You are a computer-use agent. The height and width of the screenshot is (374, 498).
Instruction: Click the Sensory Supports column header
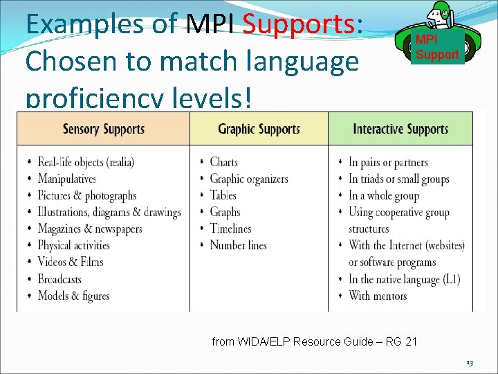pyautogui.click(x=104, y=129)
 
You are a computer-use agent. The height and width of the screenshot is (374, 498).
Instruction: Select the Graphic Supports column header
pyautogui.click(x=259, y=129)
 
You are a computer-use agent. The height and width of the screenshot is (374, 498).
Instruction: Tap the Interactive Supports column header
pyautogui.click(x=400, y=129)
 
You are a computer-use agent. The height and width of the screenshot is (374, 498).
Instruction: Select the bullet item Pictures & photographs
pyautogui.click(x=87, y=195)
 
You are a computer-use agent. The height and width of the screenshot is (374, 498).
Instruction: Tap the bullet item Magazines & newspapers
pyautogui.click(x=90, y=229)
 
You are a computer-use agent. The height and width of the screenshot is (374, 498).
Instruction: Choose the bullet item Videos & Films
pyautogui.click(x=71, y=262)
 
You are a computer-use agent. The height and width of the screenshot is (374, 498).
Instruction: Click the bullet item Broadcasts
pyautogui.click(x=59, y=279)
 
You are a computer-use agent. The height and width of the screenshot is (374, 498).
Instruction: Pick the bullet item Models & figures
pyautogui.click(x=73, y=296)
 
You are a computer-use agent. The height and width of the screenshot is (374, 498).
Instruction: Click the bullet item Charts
pyautogui.click(x=223, y=162)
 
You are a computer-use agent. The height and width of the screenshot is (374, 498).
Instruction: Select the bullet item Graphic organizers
pyautogui.click(x=249, y=179)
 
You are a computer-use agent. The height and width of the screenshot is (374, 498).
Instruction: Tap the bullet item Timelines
pyautogui.click(x=230, y=229)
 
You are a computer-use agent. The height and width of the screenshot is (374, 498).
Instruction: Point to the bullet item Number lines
pyautogui.click(x=238, y=245)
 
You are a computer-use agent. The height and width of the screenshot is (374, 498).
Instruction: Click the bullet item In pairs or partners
pyautogui.click(x=388, y=162)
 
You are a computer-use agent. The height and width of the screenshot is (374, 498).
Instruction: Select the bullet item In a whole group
pyautogui.click(x=384, y=195)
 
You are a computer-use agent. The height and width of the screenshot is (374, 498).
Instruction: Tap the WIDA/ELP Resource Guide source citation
pyautogui.click(x=314, y=341)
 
